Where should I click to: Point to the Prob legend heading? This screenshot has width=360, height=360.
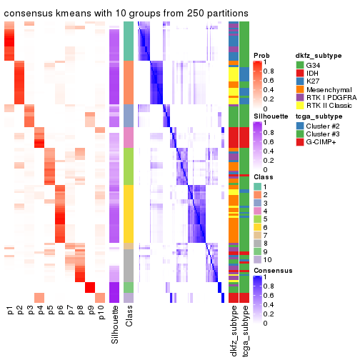pos(261,54)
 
